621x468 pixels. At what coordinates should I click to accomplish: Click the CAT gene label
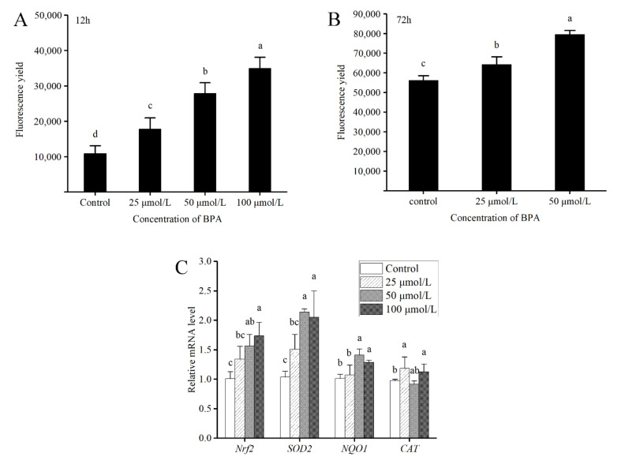coord(409,449)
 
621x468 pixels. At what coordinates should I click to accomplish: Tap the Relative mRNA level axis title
coord(193,350)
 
